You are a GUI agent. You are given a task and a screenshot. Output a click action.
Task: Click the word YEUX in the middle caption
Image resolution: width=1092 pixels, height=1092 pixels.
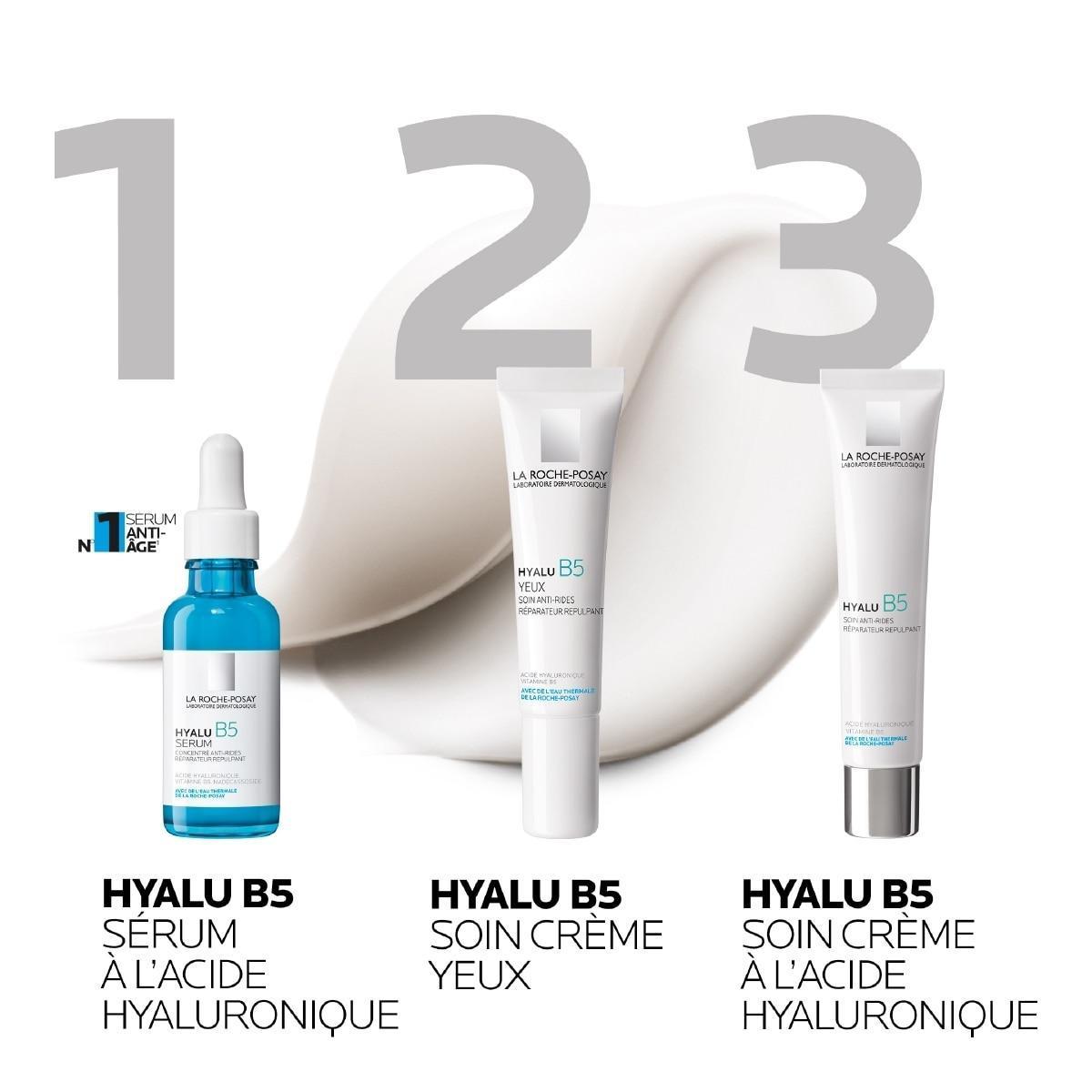pyautogui.click(x=480, y=975)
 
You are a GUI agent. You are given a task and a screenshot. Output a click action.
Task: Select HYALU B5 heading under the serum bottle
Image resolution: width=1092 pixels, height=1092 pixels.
pyautogui.click(x=198, y=893)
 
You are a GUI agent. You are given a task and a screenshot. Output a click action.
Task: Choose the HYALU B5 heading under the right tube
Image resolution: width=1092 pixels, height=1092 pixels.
pyautogui.click(x=837, y=893)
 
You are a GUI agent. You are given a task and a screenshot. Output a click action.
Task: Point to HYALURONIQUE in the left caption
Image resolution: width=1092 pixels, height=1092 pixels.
pyautogui.click(x=251, y=1016)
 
